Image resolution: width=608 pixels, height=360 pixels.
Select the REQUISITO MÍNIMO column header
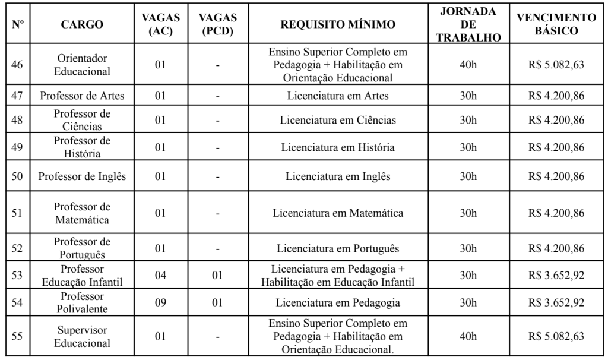(x=338, y=25)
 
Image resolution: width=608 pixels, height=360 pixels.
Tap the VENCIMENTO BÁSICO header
(x=556, y=25)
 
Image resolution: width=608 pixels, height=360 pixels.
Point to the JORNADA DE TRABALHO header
(x=468, y=25)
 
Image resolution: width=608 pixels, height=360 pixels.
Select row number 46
(x=17, y=65)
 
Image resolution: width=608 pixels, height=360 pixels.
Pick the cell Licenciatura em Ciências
(x=338, y=120)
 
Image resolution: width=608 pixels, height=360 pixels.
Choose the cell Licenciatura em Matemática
(x=338, y=212)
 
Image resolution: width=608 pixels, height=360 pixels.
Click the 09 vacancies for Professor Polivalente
(x=160, y=302)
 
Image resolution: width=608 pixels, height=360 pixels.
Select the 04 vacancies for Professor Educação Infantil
(x=160, y=275)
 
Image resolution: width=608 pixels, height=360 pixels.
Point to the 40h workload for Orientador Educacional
(x=468, y=65)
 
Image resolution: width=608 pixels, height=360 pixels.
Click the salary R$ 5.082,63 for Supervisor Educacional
(x=556, y=336)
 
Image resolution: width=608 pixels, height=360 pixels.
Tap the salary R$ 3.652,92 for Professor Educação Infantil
(x=556, y=275)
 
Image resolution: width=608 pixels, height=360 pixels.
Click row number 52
(x=17, y=248)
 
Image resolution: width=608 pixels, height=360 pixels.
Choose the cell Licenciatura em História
(x=338, y=147)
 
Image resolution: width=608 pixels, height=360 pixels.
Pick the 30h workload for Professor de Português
(x=468, y=248)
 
